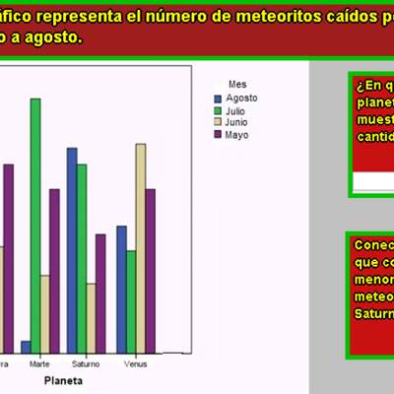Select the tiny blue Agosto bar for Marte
[26, 346]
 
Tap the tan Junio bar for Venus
[141, 247]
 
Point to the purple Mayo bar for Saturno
[100, 293]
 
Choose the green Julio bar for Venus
[131, 300]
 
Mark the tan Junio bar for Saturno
[91, 317]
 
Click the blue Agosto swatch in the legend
[219, 98]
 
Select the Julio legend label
[235, 111]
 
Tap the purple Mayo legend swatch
[219, 135]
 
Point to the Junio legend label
[237, 123]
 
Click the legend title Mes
[236, 84]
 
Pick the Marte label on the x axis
[39, 363]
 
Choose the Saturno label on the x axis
[86, 363]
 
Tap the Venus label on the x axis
[135, 363]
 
